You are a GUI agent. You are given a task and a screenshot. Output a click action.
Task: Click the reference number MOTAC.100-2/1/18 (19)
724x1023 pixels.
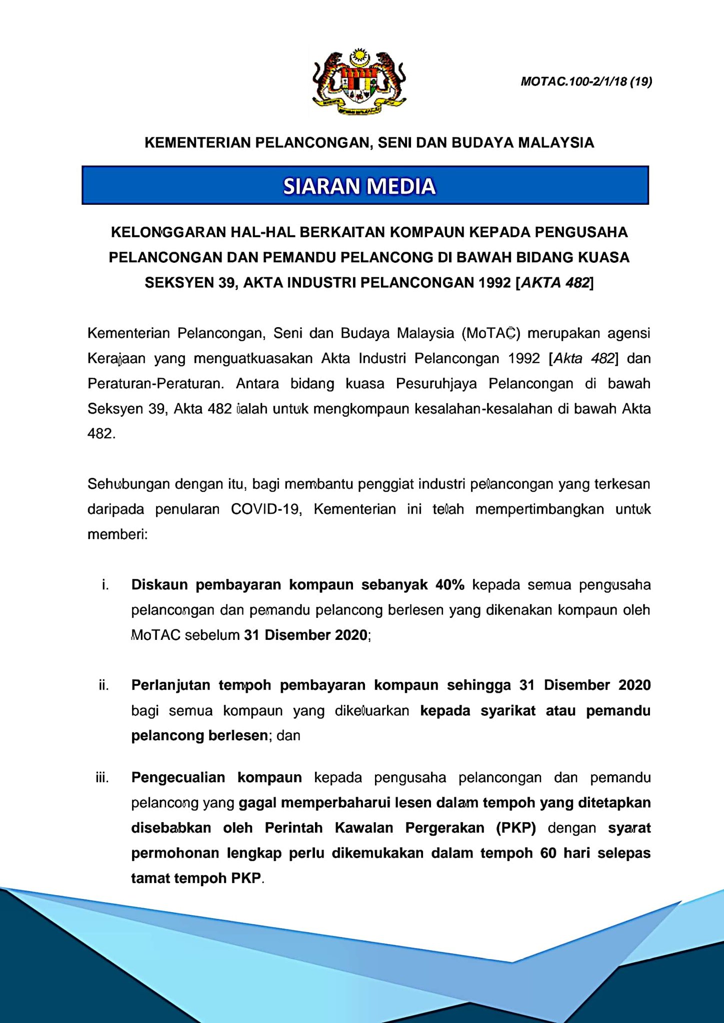[586, 81]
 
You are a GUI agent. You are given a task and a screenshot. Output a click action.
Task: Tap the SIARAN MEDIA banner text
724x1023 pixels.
[359, 186]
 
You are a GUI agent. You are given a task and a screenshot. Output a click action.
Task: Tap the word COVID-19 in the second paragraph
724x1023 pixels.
[266, 510]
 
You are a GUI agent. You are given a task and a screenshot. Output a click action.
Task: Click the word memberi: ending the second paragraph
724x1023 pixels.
[117, 534]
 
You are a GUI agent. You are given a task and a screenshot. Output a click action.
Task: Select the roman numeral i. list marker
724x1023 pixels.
[105, 585]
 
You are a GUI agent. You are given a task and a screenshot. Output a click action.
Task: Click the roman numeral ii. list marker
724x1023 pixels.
[103, 685]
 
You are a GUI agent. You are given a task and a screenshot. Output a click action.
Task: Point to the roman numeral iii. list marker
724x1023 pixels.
[102, 778]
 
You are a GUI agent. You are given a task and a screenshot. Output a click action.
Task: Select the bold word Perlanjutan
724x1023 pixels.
[170, 685]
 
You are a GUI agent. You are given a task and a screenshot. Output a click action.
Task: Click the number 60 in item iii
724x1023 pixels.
[548, 853]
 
